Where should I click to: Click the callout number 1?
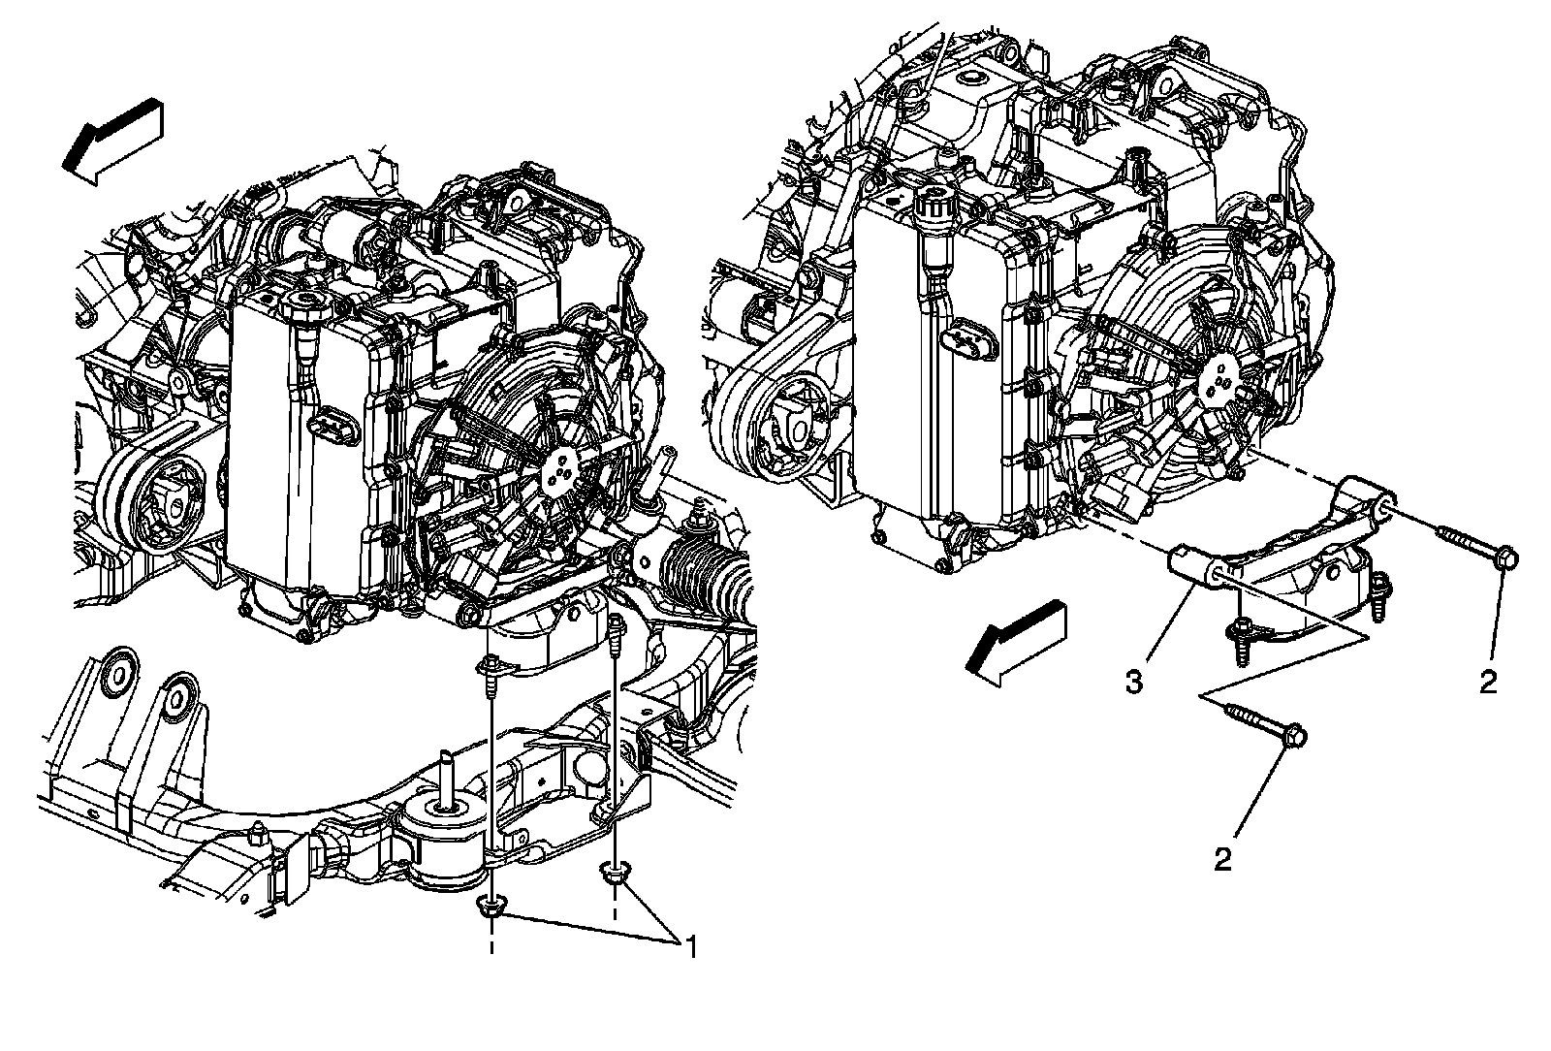click(x=691, y=946)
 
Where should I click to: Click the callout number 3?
click(x=1133, y=682)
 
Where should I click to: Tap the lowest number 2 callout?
click(x=1223, y=859)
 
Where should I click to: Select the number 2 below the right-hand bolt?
click(x=1488, y=682)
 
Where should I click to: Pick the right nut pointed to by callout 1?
click(x=614, y=875)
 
